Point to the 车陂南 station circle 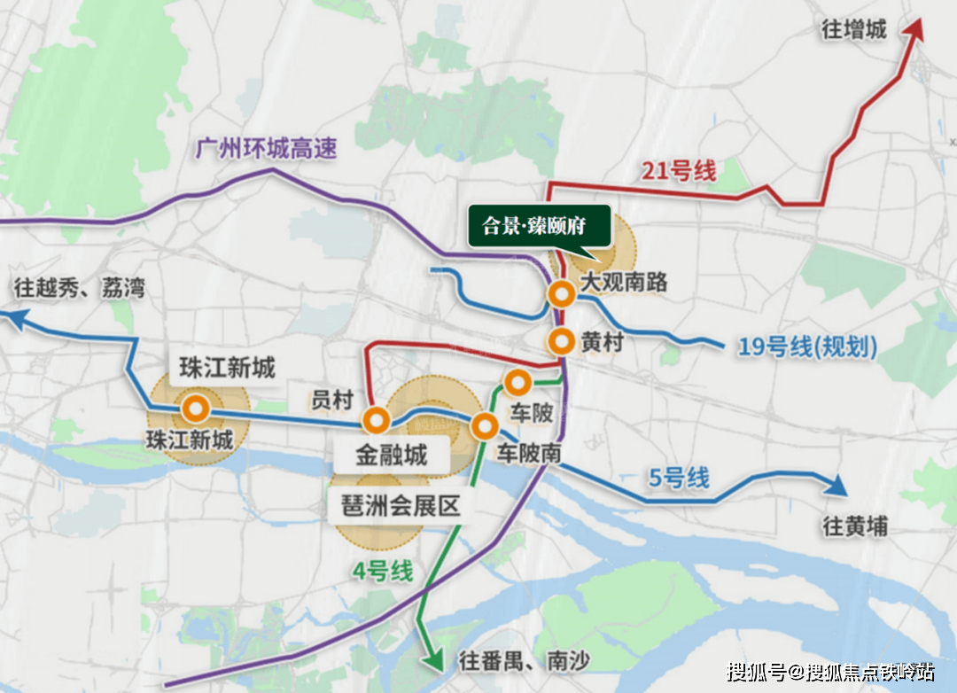[x=484, y=426]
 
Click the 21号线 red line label [x=678, y=170]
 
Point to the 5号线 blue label [x=680, y=478]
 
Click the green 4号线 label [x=383, y=572]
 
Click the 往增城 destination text [x=854, y=30]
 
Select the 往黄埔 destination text [x=855, y=526]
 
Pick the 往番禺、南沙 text [x=524, y=660]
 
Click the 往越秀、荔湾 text [x=80, y=288]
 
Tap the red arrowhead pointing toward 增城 [x=913, y=30]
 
